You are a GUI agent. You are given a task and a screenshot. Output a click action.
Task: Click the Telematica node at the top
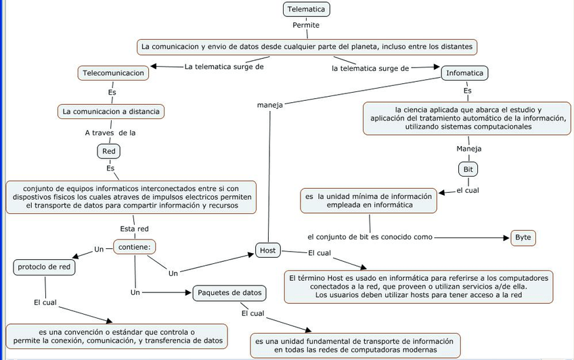(307, 9)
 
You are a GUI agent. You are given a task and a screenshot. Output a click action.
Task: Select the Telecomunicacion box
(113, 72)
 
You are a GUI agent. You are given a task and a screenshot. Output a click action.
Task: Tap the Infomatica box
(466, 73)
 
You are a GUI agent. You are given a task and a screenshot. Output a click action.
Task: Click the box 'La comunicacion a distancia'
(110, 111)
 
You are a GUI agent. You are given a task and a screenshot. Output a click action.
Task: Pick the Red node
(109, 151)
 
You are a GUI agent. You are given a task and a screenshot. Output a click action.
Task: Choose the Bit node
(468, 168)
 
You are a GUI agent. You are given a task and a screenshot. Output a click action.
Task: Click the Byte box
(523, 238)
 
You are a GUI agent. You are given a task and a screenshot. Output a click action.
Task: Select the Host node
(267, 251)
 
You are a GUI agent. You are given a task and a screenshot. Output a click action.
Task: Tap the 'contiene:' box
(135, 248)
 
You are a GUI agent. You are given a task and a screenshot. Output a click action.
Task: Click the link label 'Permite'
(306, 26)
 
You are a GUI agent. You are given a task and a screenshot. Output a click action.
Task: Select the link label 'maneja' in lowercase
(269, 105)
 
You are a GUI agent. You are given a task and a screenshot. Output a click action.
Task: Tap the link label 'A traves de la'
(110, 133)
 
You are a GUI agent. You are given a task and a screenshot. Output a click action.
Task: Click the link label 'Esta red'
(134, 229)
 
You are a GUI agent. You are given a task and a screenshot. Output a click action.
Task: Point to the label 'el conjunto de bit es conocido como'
(370, 238)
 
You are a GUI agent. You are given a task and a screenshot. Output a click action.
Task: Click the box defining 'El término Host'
(418, 286)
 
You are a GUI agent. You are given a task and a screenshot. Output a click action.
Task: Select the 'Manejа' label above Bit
(468, 149)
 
